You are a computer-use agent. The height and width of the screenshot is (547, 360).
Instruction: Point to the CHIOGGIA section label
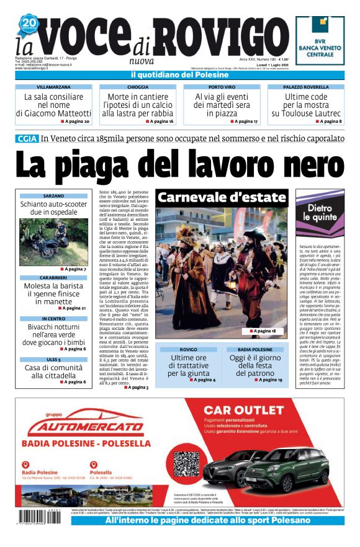[x=137, y=87]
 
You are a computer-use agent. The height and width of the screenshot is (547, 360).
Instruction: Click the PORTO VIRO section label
[x=222, y=87]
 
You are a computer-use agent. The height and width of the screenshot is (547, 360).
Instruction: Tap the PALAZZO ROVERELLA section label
[x=305, y=87]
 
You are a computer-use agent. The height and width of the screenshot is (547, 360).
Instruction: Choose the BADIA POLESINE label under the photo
[x=260, y=349]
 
